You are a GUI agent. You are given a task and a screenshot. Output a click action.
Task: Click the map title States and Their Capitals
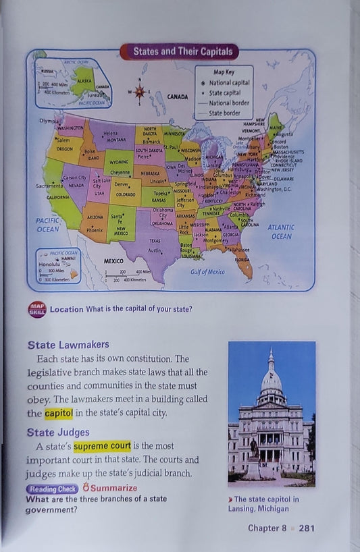tap(179, 51)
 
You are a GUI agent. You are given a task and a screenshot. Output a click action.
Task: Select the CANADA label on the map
tap(177, 96)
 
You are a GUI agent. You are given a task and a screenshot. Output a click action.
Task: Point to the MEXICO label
tap(113, 260)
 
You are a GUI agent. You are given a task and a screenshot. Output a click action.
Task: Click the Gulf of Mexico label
tap(207, 271)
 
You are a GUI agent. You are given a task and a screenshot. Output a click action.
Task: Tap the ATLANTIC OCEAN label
tap(281, 232)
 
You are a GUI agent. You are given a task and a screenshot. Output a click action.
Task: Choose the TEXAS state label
tap(155, 240)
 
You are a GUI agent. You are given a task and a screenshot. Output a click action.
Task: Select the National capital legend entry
tap(228, 82)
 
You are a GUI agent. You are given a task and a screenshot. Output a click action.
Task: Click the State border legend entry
tap(224, 113)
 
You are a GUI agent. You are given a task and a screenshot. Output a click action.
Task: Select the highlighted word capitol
tap(59, 413)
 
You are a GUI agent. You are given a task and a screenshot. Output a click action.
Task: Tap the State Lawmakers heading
tap(68, 344)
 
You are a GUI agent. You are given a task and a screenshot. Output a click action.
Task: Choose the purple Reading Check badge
tap(52, 489)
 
